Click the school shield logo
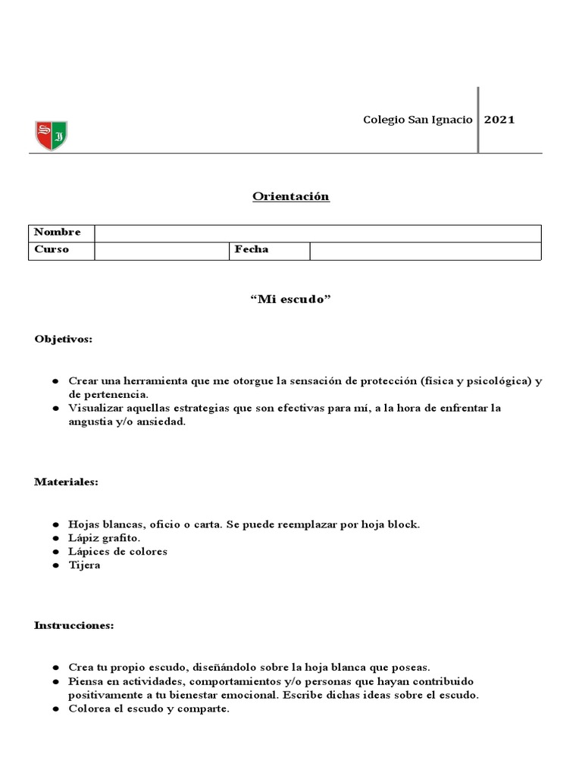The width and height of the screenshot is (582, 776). tap(51, 136)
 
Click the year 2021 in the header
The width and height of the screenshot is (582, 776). tap(499, 120)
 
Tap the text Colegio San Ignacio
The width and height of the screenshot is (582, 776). tap(418, 120)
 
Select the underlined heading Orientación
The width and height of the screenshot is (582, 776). tap(291, 196)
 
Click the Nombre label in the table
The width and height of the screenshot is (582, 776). tap(58, 233)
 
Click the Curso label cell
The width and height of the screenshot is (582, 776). tap(52, 249)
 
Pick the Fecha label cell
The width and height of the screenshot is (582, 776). tap(252, 249)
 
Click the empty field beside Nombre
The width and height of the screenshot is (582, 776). tap(318, 233)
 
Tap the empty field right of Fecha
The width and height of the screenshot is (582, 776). tap(425, 250)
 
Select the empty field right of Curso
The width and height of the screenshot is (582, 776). tap(161, 250)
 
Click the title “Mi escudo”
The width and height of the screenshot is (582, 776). tap(291, 299)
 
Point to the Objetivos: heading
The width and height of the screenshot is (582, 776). tap(64, 339)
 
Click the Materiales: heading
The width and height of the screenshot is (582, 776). tap(66, 481)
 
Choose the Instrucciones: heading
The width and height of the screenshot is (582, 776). tap(74, 625)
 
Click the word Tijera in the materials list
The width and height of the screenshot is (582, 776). tap(84, 565)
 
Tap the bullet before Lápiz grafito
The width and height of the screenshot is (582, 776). tap(57, 538)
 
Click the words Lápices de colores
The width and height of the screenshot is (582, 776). tap(117, 552)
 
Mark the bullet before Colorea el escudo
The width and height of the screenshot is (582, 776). tap(57, 709)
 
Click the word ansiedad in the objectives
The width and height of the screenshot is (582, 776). tap(157, 423)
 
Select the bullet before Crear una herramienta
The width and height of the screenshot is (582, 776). tap(57, 381)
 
